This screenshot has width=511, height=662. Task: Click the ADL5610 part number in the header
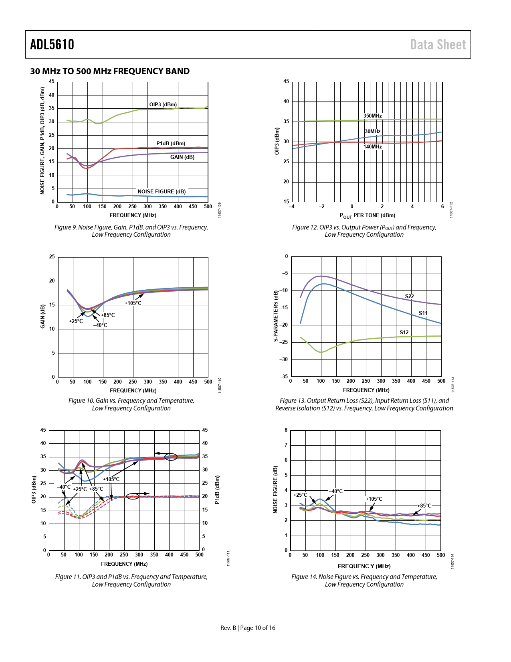point(52,45)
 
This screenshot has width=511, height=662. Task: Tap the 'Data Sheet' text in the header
point(438,45)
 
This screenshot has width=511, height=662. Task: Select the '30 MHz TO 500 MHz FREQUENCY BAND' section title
point(110,71)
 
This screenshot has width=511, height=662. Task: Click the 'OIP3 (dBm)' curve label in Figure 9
point(163,105)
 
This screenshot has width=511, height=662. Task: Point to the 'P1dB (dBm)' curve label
point(171,144)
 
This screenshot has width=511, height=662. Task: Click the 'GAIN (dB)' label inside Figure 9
point(182,157)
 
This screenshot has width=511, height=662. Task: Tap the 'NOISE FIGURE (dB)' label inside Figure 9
point(162,192)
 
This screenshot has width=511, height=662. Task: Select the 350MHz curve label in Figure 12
point(372,116)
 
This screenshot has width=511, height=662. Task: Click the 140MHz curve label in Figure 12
point(372,147)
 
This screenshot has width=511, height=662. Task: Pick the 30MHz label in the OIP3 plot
point(372,132)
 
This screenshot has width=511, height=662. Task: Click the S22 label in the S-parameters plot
point(409,296)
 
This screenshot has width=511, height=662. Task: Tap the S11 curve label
point(423,313)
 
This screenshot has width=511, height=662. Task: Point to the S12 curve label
point(404,333)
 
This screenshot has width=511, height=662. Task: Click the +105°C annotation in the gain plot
point(133,303)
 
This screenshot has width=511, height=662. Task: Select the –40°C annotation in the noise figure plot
point(336,491)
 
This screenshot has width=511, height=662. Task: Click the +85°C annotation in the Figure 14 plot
point(424,506)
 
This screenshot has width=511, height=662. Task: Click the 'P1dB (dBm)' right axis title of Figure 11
point(217,490)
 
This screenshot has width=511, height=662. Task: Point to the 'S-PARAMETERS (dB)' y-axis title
point(276,316)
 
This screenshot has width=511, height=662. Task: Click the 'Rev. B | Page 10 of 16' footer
point(248,628)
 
